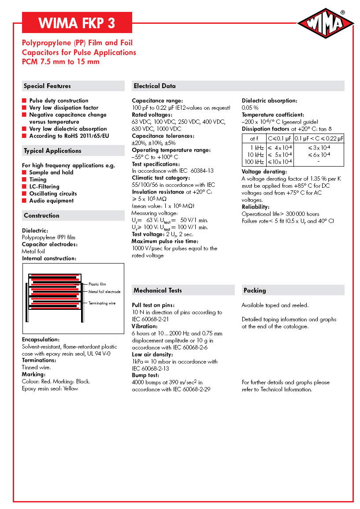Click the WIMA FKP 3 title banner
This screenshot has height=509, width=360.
tap(77, 23)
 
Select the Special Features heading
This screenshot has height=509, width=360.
tap(47, 86)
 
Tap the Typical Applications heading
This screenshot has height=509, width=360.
tap(52, 151)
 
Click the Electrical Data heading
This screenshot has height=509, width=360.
tap(155, 86)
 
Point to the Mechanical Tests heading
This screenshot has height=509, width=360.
tap(158, 290)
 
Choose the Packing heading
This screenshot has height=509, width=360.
tap(255, 290)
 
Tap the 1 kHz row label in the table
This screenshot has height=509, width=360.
tap(257, 148)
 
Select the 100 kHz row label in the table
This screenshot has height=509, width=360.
tap(254, 162)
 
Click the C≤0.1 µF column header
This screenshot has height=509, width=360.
tap(280, 138)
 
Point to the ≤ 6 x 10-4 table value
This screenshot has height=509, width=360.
tap(319, 155)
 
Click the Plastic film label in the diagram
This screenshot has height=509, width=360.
tap(97, 284)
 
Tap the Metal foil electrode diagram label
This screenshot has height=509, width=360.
tap(104, 292)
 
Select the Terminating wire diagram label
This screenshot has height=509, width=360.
tap(102, 303)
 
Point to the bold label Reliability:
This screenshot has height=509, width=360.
tap(256, 207)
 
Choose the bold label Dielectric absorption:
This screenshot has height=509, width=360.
tap(269, 100)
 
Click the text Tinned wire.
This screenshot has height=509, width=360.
tap(37, 367)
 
